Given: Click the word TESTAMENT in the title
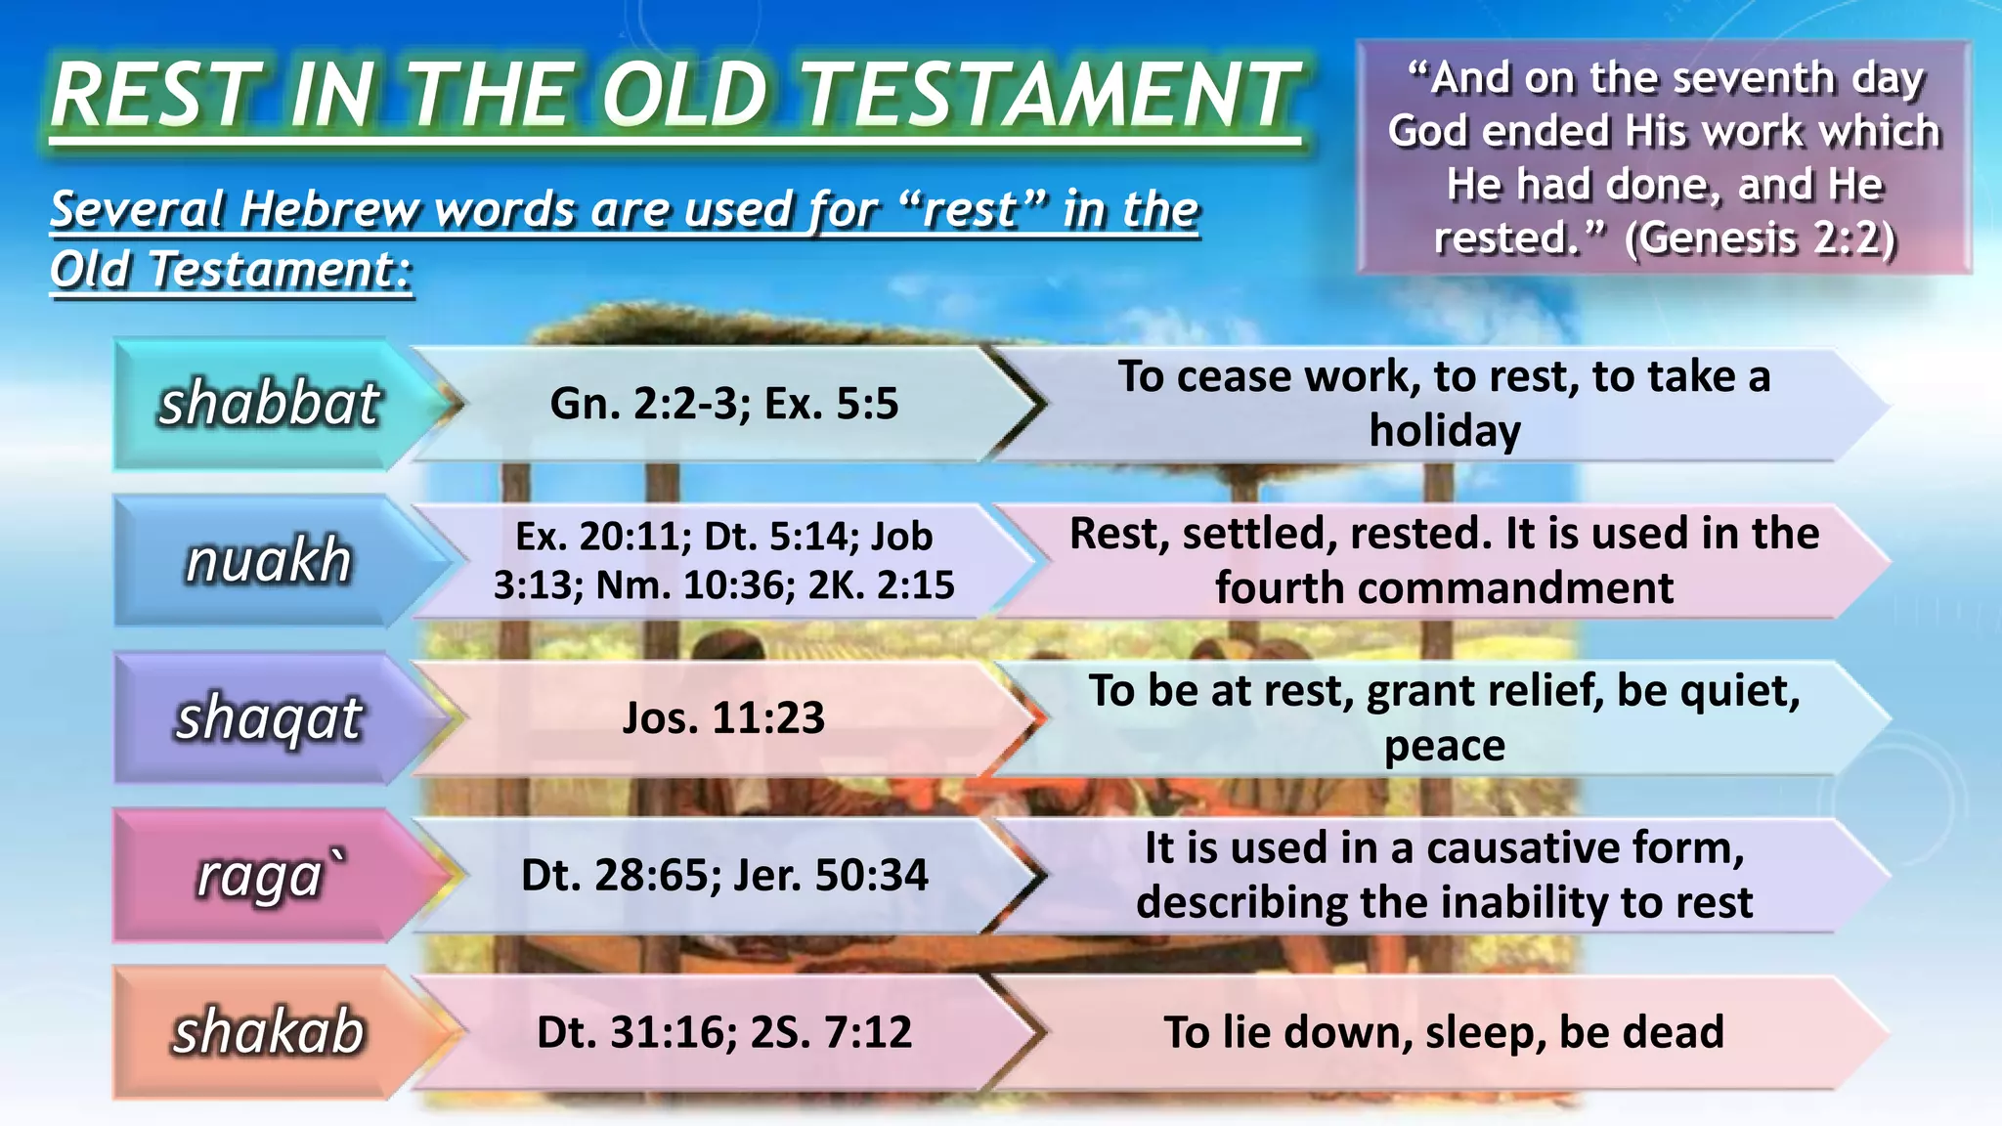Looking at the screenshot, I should coord(1052,95).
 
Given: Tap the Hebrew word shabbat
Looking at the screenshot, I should coord(269,404).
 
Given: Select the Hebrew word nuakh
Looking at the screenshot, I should coord(269,561).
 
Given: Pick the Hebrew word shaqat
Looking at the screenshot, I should coord(269,718).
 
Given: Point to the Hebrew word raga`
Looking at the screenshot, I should coord(269,876).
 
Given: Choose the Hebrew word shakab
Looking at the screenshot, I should coord(269,1032).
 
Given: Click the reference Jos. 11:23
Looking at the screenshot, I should coord(723,718).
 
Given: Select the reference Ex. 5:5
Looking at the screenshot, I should coord(831,404).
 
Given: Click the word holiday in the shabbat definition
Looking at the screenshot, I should coord(1445,431).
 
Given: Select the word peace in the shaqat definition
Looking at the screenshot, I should coord(1445,746).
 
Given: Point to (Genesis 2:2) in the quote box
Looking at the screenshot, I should coord(1760,238).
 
